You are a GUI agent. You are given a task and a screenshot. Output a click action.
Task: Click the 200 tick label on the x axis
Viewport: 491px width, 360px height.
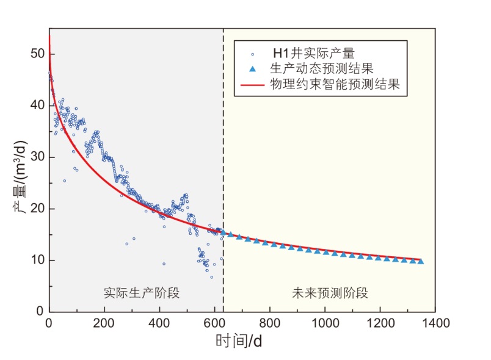click(104, 323)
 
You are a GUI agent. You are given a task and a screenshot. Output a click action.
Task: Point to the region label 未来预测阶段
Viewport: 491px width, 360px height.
click(330, 292)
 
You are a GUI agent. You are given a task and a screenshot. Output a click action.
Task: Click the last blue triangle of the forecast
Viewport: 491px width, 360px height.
click(420, 261)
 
